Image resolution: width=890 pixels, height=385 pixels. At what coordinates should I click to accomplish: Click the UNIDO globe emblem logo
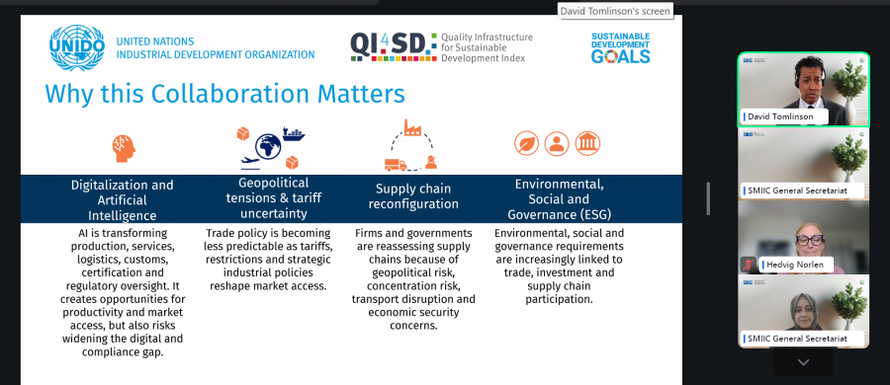point(76,47)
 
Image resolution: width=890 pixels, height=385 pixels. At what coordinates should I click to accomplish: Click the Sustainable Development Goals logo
point(620,48)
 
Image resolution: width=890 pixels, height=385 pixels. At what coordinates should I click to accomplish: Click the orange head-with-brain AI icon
point(124,148)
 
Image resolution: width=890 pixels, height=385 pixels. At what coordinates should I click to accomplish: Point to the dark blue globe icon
point(268,146)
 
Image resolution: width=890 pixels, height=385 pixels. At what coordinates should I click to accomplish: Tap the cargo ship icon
point(294,134)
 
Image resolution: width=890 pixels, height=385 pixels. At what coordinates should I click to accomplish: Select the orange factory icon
point(412,127)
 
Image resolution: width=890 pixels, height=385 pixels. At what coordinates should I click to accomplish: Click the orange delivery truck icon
point(396,165)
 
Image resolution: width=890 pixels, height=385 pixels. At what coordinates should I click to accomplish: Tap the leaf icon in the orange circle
point(527,143)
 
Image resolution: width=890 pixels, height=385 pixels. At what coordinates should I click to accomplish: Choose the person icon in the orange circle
point(557,143)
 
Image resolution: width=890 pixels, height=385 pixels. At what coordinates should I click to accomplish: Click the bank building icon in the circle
point(587,143)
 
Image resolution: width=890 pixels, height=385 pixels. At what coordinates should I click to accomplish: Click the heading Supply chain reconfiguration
point(413,195)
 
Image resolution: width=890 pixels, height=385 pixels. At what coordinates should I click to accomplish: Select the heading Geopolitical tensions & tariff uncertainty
point(274,197)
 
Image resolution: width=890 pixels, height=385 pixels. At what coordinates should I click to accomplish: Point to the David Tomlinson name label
point(780,116)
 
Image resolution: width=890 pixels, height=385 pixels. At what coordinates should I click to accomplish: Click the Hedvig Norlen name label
point(795,265)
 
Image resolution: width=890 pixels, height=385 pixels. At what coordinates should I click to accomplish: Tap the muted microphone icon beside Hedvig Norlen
point(749,265)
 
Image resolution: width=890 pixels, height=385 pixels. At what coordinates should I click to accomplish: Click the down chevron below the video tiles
point(803,362)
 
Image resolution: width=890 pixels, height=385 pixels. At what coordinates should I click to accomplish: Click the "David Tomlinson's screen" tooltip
point(615,11)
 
